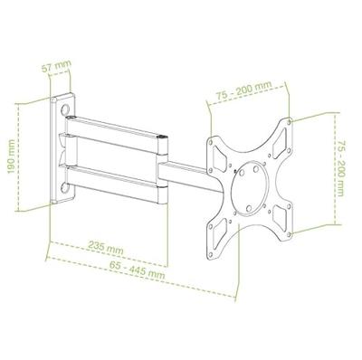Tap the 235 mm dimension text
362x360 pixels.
[x=109, y=247]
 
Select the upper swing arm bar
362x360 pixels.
[x=118, y=125]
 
